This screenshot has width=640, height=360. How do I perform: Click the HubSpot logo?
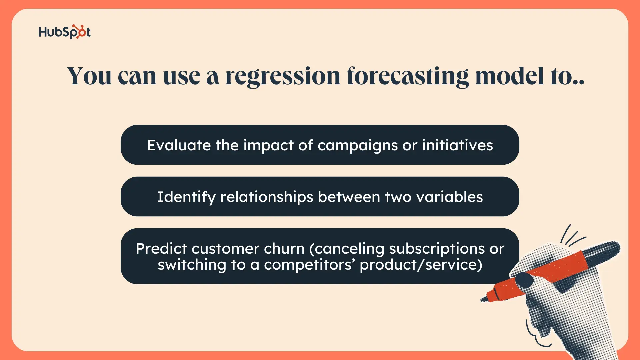click(x=65, y=32)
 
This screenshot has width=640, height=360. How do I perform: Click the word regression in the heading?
click(x=283, y=77)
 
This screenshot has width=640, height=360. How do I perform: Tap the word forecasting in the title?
click(x=408, y=77)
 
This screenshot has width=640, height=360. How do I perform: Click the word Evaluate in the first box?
click(x=179, y=145)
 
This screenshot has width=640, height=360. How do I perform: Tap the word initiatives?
click(x=457, y=145)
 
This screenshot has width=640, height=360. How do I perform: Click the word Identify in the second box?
click(x=186, y=197)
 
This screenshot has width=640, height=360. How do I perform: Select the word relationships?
click(x=267, y=197)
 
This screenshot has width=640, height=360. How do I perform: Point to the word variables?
click(x=450, y=197)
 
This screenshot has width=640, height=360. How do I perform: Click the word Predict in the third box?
click(x=161, y=249)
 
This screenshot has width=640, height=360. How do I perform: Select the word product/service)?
click(x=421, y=265)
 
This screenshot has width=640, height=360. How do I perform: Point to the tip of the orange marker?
click(x=482, y=300)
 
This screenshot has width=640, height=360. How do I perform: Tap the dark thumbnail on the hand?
click(x=525, y=280)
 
